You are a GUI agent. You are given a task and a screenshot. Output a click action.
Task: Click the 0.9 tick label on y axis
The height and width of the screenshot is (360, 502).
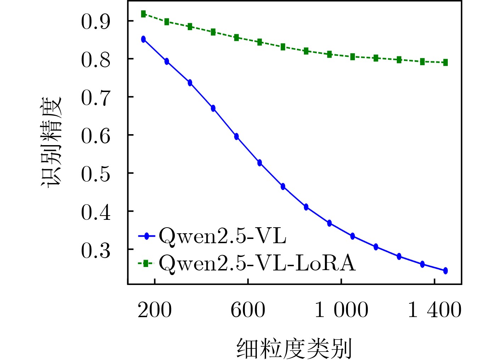[x=96, y=21]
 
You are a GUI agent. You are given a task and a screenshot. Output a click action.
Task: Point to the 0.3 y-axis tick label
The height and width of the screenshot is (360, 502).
[x=96, y=250]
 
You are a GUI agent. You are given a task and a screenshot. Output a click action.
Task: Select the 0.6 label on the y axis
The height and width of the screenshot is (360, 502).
[x=96, y=136]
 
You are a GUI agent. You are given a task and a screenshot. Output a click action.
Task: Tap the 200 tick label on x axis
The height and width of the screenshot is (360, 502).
[x=154, y=310]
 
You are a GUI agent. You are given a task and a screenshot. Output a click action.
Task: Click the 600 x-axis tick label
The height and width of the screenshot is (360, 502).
[x=248, y=310]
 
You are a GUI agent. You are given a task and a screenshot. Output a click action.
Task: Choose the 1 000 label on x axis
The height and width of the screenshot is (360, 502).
[x=342, y=310]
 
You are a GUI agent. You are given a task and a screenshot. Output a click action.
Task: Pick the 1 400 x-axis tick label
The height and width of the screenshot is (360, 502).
[x=435, y=310]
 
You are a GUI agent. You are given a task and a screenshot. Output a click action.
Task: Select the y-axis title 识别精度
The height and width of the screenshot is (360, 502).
[x=51, y=141]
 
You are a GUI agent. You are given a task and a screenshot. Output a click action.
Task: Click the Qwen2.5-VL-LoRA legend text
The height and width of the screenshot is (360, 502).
[x=257, y=263]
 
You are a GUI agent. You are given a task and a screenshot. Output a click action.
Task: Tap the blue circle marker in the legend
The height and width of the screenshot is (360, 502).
[x=147, y=236]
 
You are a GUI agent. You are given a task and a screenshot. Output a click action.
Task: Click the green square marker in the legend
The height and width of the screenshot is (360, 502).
[x=145, y=263]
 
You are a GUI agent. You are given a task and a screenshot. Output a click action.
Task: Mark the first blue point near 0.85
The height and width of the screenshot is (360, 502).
[x=143, y=39]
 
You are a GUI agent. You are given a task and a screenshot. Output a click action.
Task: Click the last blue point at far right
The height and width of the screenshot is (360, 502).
[x=445, y=271]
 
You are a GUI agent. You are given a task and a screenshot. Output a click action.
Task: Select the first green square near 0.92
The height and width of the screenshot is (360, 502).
[x=143, y=14]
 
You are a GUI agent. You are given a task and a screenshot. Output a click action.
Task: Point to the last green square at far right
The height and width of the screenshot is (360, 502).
[x=445, y=63]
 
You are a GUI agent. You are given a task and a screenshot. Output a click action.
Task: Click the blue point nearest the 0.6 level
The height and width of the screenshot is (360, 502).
[x=236, y=137]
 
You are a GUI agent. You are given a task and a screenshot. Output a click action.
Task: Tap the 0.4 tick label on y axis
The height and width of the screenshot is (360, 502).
[x=96, y=212]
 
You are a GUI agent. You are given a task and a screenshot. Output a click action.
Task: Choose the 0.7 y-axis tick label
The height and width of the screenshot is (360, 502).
[x=96, y=98]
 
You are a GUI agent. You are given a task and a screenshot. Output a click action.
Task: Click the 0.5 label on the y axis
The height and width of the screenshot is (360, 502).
[x=96, y=174]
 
